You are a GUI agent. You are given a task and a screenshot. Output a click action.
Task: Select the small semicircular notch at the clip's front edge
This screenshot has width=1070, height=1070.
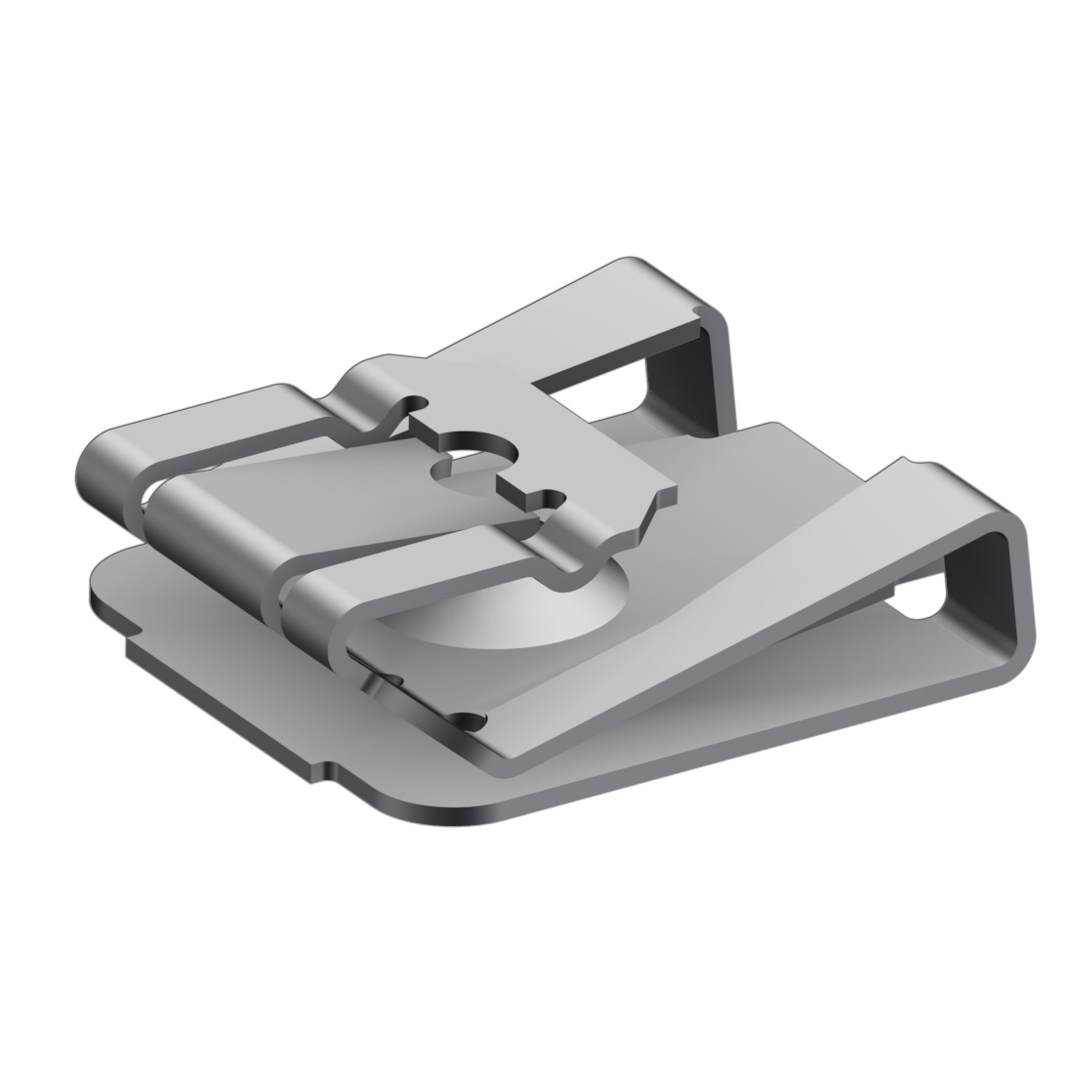(x=473, y=723)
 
